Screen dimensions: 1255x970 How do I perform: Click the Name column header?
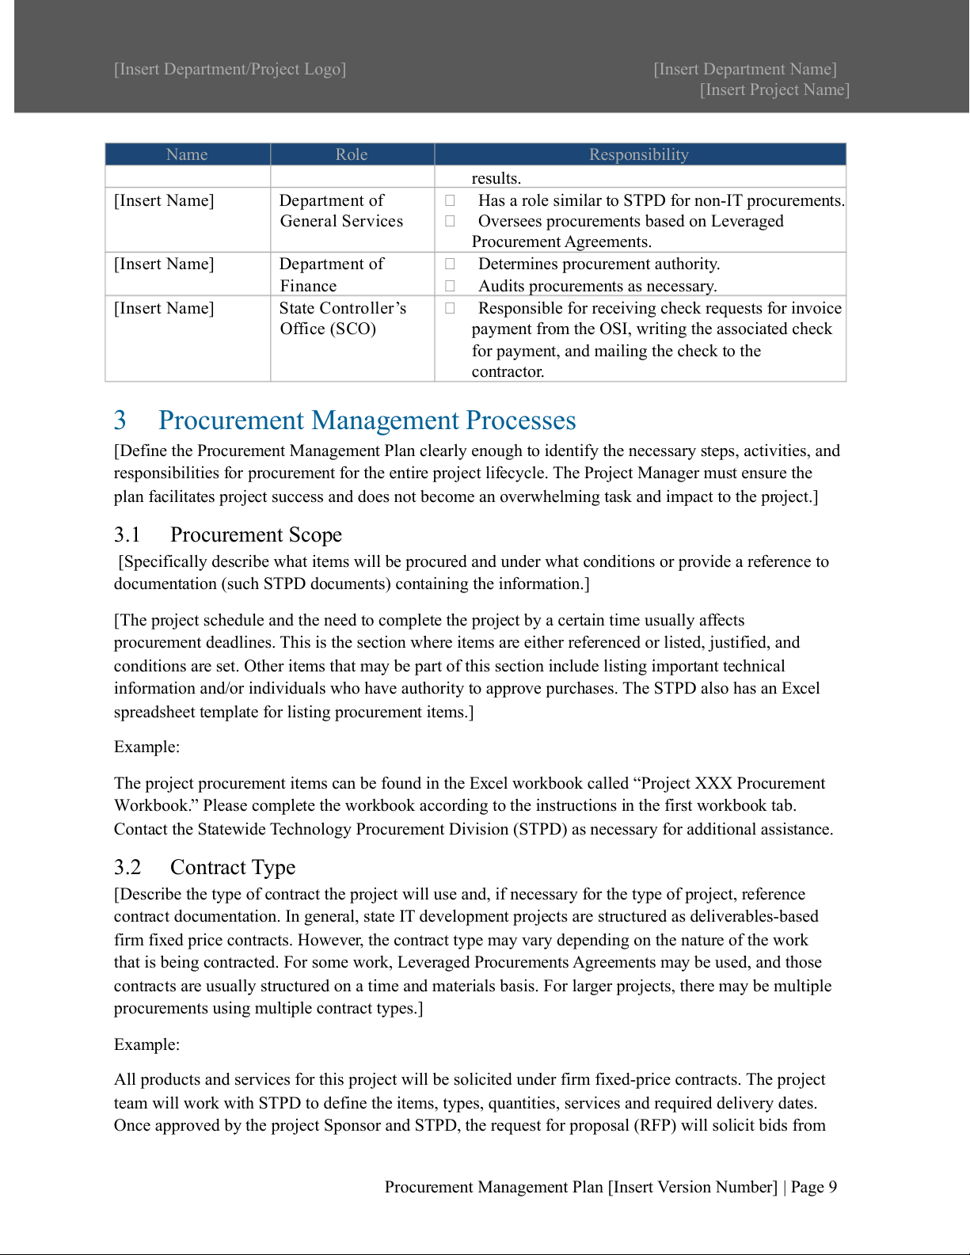pyautogui.click(x=187, y=154)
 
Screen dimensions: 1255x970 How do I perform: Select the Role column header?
pyautogui.click(x=352, y=154)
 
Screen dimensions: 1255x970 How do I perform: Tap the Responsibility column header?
pyautogui.click(x=639, y=154)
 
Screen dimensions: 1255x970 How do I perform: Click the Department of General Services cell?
pyautogui.click(x=341, y=211)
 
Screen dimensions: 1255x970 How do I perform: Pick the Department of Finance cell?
pyautogui.click(x=332, y=275)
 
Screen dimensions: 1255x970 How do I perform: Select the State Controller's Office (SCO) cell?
pyautogui.click(x=343, y=318)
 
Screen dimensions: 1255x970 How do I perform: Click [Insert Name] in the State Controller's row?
pyautogui.click(x=164, y=308)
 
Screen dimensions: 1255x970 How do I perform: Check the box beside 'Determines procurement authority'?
pyautogui.click(x=450, y=264)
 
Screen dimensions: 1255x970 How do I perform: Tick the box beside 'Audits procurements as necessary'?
pyautogui.click(x=450, y=286)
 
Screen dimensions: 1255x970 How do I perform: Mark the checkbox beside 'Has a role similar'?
pyautogui.click(x=450, y=200)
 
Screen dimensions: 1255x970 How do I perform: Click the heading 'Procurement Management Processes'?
pyautogui.click(x=367, y=420)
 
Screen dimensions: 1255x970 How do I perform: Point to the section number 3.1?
pyautogui.click(x=127, y=535)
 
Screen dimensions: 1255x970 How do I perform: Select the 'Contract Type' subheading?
pyautogui.click(x=233, y=868)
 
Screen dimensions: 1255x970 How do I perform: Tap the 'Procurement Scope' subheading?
pyautogui.click(x=256, y=535)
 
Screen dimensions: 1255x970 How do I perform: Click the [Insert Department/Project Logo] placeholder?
pyautogui.click(x=230, y=70)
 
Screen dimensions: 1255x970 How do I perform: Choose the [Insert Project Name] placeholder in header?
pyautogui.click(x=774, y=90)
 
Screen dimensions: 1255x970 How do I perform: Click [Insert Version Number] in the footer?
pyautogui.click(x=693, y=1187)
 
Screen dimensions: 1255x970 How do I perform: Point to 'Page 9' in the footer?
pyautogui.click(x=814, y=1187)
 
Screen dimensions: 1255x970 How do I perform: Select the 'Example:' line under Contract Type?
pyautogui.click(x=147, y=1044)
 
